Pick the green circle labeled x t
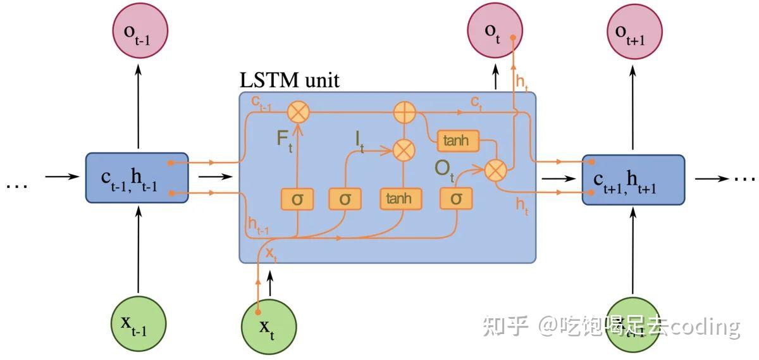pos(268,325)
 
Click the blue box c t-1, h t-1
pos(137,178)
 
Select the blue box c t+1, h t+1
pos(633,180)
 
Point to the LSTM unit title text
pos(290,81)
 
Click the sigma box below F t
pos(297,199)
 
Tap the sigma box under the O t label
pos(456,199)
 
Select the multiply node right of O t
pos(497,170)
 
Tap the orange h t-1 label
pos(258,225)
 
